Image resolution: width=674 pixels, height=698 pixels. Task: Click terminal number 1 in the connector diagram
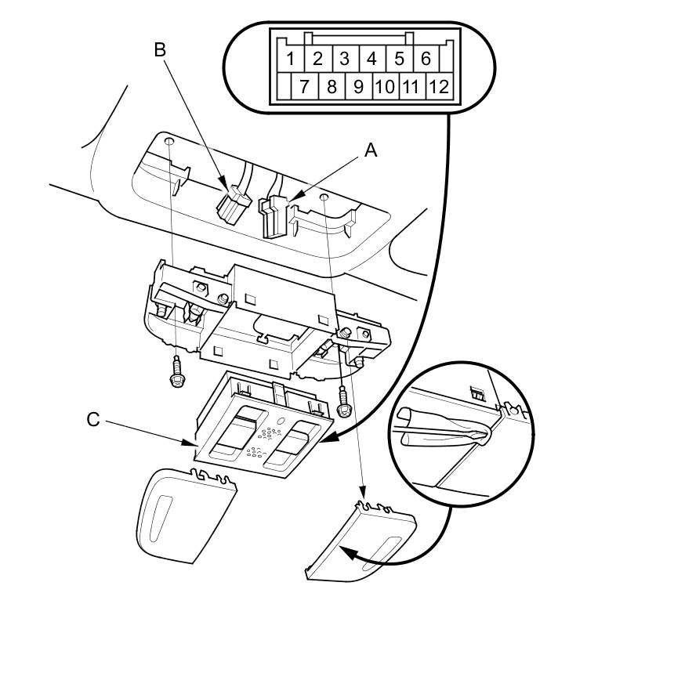291,59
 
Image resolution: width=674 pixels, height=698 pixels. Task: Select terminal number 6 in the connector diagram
426,59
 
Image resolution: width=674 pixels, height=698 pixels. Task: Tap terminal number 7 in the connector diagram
304,85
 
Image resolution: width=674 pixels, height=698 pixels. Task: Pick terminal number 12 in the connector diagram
439,85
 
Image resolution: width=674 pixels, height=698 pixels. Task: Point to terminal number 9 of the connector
358,85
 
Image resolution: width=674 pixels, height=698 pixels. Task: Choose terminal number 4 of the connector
371,59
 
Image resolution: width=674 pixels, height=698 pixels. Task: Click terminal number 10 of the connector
385,85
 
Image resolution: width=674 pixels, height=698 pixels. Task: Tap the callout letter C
93,420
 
